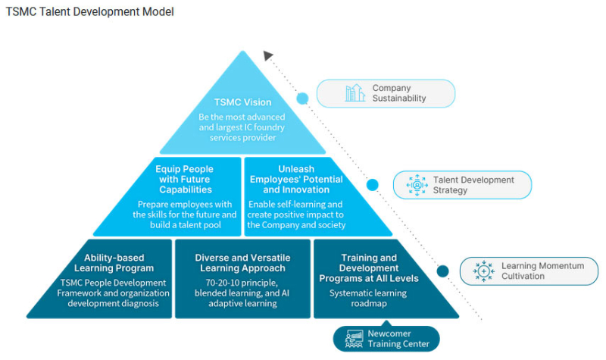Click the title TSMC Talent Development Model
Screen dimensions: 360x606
[x=89, y=12]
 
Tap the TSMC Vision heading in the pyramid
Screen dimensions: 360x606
[x=242, y=102]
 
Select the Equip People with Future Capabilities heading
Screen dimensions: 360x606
[x=184, y=179]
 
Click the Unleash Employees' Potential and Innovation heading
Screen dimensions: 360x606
[x=296, y=179]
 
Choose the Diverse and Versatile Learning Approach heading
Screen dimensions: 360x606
[x=242, y=263]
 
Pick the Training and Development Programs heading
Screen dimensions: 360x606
[x=369, y=268]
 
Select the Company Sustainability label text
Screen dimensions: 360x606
[x=399, y=93]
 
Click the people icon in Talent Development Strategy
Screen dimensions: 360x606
[x=417, y=185]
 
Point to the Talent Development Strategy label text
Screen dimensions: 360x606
[x=473, y=185]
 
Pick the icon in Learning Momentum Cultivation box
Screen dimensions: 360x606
[x=483, y=271]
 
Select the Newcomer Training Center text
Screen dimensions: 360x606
[x=399, y=339]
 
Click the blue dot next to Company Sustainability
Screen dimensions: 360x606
[x=302, y=99]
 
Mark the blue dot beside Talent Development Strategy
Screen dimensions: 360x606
[x=373, y=184]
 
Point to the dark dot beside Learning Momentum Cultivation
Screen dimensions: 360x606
[x=442, y=271]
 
